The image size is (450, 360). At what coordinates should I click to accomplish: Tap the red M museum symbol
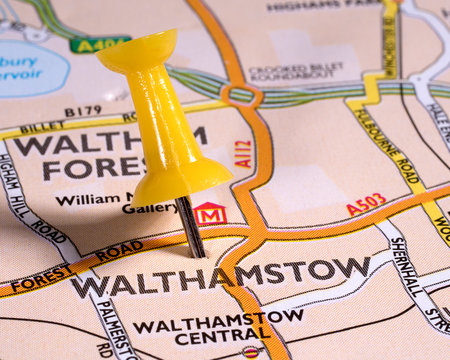coord(210,213)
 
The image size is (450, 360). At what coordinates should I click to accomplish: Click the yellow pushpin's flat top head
coord(137,51)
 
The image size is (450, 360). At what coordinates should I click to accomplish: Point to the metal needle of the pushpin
coord(190,228)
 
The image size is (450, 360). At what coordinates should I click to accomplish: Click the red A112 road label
coord(243,153)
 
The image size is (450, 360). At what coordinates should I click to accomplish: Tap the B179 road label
coord(83,112)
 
